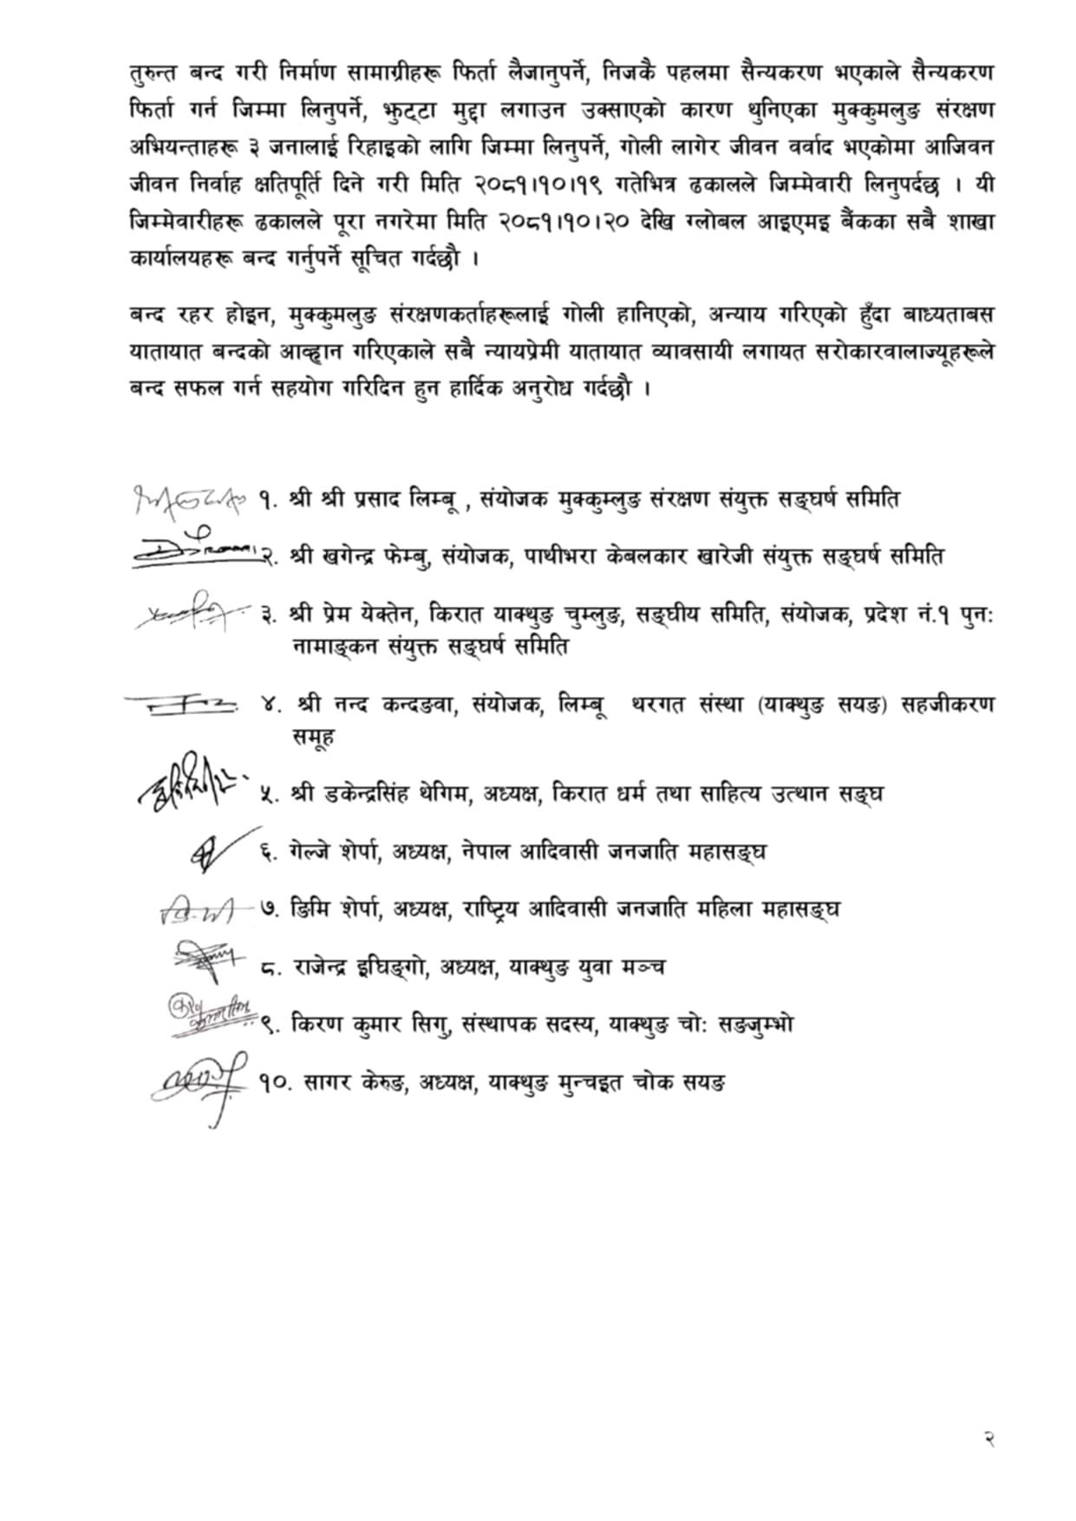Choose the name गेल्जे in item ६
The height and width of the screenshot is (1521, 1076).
pos(311,852)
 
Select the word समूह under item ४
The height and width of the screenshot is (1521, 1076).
pos(316,737)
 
